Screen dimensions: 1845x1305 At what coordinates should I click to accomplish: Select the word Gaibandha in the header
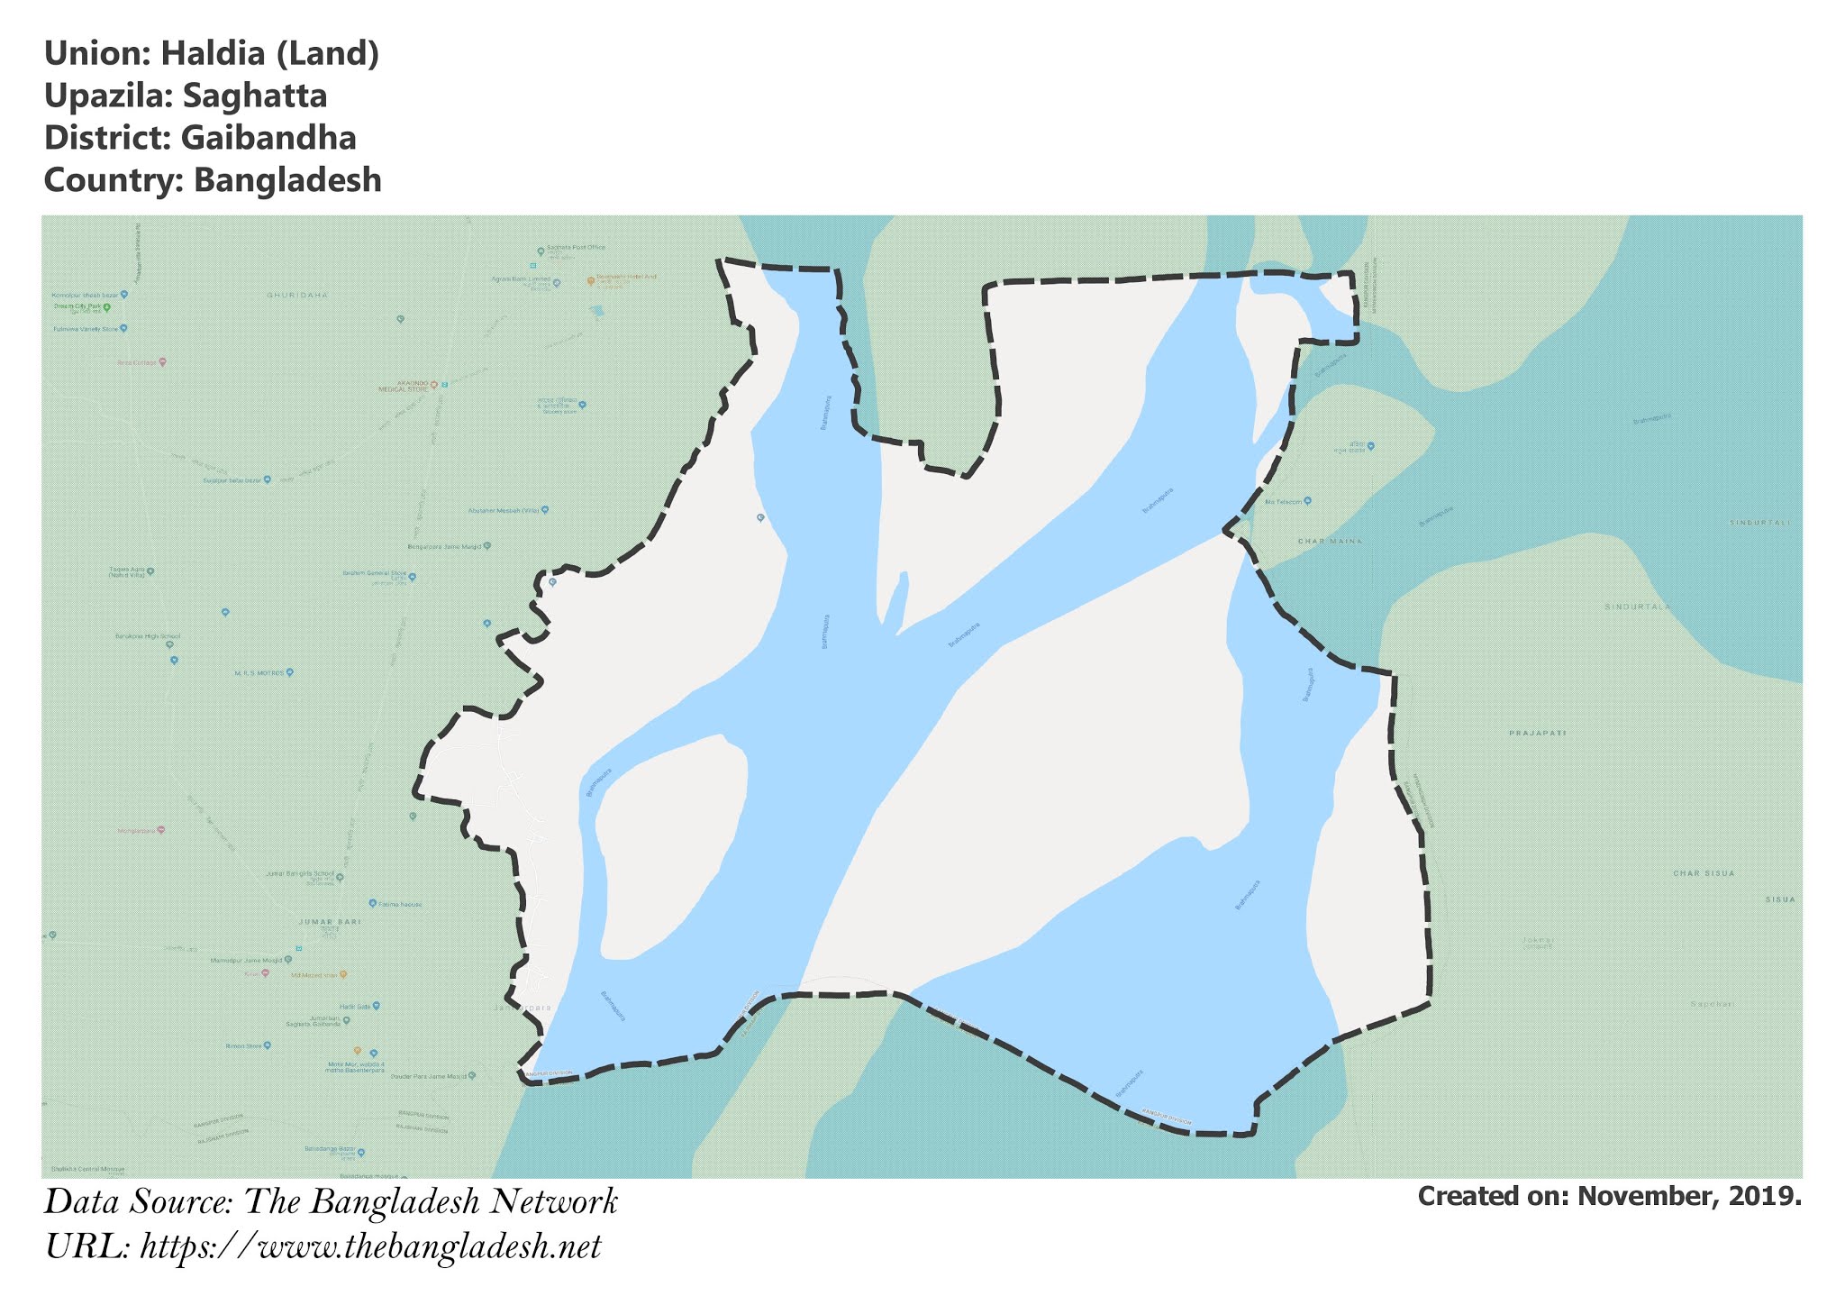point(268,138)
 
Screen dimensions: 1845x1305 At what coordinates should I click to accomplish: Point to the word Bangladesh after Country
point(287,180)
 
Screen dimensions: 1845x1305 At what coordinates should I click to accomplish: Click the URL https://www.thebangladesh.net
point(370,1247)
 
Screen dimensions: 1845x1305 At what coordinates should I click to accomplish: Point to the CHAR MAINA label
point(1329,541)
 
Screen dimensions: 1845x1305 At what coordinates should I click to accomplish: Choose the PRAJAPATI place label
point(1537,733)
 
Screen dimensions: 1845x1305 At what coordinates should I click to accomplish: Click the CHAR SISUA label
point(1704,873)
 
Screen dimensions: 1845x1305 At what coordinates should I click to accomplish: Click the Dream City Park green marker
point(106,307)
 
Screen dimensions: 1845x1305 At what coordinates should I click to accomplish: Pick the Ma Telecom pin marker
point(1307,500)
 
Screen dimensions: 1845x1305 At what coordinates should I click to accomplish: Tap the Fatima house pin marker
point(373,903)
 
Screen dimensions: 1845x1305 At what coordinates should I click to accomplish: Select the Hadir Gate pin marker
point(377,1006)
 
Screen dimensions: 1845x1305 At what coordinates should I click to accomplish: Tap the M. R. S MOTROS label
point(259,672)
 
